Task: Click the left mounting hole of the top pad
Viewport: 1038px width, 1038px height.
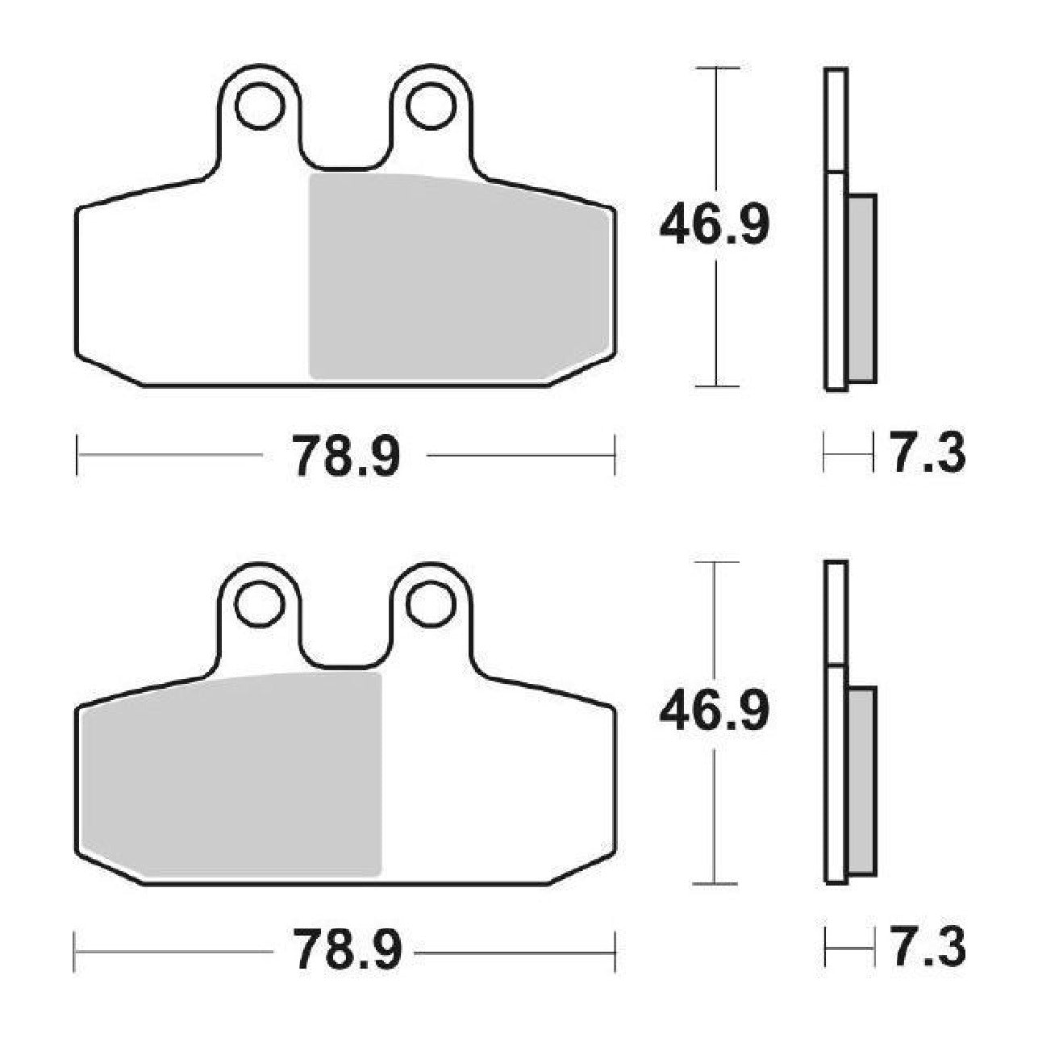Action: click(x=260, y=106)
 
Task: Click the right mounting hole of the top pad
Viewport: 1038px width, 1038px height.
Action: click(x=431, y=106)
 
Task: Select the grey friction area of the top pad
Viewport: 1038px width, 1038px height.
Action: click(x=458, y=277)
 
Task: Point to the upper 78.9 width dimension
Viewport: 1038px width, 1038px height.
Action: click(x=346, y=456)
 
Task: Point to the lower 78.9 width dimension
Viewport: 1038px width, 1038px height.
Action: click(x=346, y=953)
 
